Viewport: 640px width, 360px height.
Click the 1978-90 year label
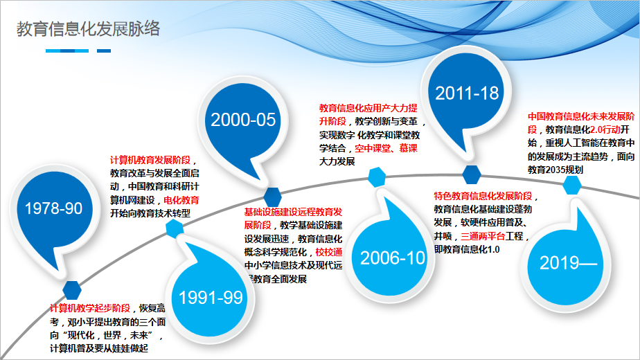(x=53, y=208)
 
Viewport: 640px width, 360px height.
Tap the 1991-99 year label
(x=211, y=298)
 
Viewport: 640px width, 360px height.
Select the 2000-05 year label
(x=243, y=120)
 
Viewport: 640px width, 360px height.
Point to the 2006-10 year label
(x=392, y=258)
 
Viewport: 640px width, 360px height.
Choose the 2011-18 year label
(x=467, y=93)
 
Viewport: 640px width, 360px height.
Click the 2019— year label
(x=568, y=263)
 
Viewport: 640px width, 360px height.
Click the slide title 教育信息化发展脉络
(x=88, y=29)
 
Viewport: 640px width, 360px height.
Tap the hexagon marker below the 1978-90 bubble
(x=72, y=290)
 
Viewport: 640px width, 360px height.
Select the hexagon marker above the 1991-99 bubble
(x=175, y=228)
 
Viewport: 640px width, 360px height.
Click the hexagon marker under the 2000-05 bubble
(x=272, y=197)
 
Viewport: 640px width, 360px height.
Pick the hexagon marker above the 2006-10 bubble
(x=377, y=177)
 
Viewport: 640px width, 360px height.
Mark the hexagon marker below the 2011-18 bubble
(x=472, y=174)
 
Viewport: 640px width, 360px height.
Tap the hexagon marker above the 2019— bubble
(x=572, y=186)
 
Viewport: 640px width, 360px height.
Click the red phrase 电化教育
(x=181, y=200)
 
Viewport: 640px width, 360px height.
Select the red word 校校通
(x=329, y=252)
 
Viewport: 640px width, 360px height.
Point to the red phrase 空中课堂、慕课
(x=386, y=148)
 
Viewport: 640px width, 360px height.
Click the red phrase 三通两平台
(x=483, y=236)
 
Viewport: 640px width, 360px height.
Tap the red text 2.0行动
(x=605, y=129)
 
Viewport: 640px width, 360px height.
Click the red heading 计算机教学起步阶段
(x=90, y=308)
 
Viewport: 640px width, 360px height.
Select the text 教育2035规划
(x=555, y=170)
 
